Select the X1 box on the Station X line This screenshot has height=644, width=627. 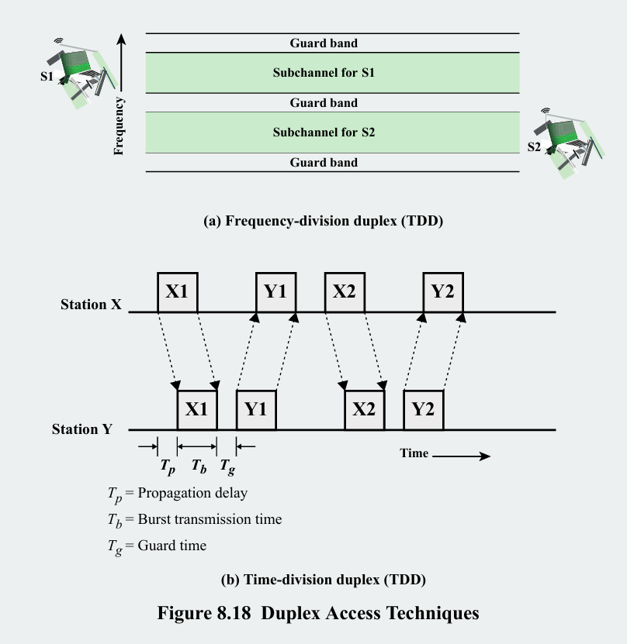click(178, 292)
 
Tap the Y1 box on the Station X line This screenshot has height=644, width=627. click(276, 292)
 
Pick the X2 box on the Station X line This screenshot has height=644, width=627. click(345, 292)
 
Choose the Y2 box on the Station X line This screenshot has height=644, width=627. click(443, 292)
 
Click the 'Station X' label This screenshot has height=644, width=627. click(91, 305)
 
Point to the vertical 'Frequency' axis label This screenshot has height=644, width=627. click(119, 126)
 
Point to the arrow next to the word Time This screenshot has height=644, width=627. click(462, 456)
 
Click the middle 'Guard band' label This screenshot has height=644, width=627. click(324, 103)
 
